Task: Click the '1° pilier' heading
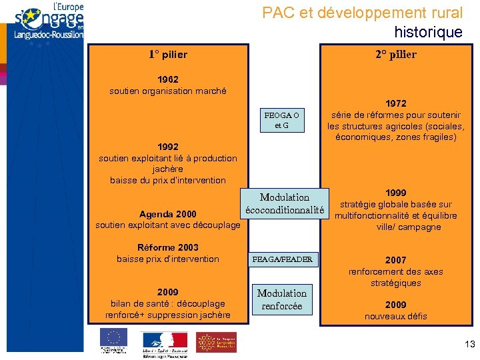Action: [x=167, y=55]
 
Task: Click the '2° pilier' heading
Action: [x=395, y=55]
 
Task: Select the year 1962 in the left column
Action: [x=167, y=80]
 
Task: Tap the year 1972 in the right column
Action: [x=395, y=103]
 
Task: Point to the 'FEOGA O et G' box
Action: [x=281, y=120]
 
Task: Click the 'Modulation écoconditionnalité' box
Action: [x=285, y=204]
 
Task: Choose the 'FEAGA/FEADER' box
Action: [x=282, y=259]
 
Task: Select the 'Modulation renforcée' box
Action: [x=282, y=300]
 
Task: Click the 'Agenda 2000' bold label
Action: [x=167, y=214]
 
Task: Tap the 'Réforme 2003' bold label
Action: [x=167, y=247]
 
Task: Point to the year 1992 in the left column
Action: [x=167, y=147]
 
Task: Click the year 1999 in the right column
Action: [x=395, y=193]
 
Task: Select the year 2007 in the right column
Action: [x=395, y=260]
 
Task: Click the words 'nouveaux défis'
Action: [x=395, y=316]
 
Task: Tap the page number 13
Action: [x=468, y=343]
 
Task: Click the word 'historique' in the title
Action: [x=428, y=32]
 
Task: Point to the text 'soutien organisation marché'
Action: [x=167, y=91]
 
